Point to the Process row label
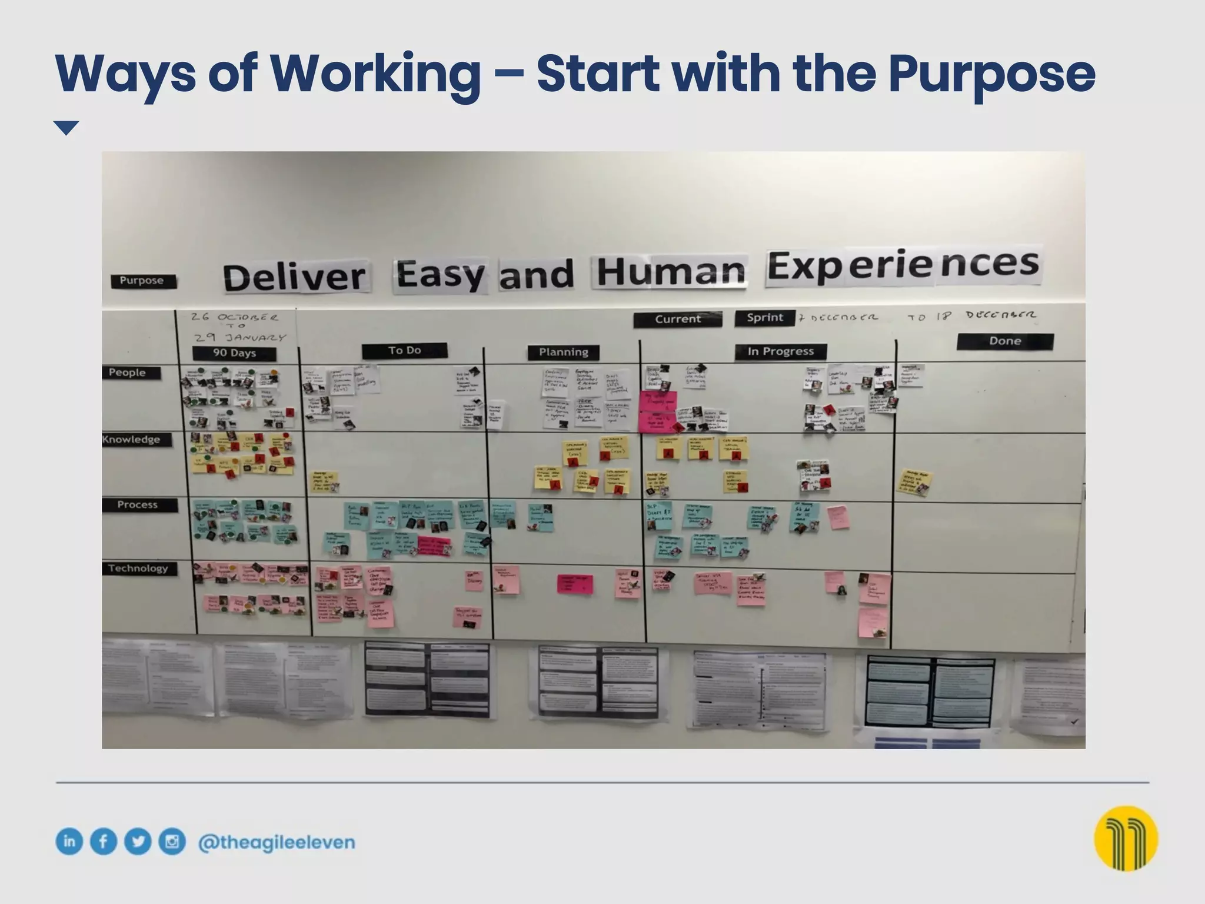point(139,505)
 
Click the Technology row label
point(139,569)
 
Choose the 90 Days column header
point(234,353)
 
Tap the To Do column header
point(404,351)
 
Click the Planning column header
point(563,352)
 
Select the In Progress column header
point(780,351)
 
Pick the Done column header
point(1004,341)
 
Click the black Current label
point(678,319)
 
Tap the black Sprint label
point(764,318)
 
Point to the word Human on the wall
point(670,272)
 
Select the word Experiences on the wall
point(903,267)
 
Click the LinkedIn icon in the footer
point(69,842)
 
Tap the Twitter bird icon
point(138,842)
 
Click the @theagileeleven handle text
point(277,842)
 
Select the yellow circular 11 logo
point(1126,838)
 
